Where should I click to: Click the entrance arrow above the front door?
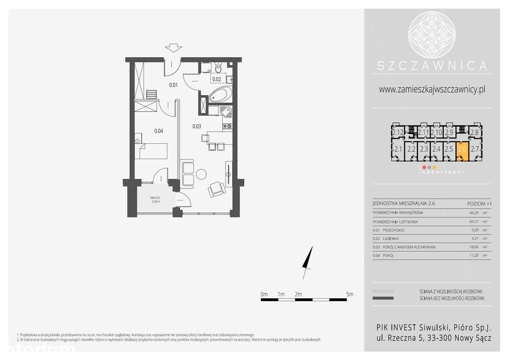(x=173, y=48)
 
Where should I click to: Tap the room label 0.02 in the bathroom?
(x=217, y=79)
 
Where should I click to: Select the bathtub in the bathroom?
(x=220, y=95)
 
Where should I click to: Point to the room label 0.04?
(x=159, y=130)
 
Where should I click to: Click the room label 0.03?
(x=196, y=126)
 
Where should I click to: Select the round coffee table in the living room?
(x=201, y=174)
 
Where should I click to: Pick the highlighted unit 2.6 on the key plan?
(x=462, y=150)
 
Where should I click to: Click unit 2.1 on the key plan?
(x=398, y=150)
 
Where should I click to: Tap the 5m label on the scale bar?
(x=350, y=294)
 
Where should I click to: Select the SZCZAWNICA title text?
(x=432, y=66)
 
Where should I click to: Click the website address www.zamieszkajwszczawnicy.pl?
(x=432, y=90)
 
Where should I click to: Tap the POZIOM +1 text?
(x=479, y=204)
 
